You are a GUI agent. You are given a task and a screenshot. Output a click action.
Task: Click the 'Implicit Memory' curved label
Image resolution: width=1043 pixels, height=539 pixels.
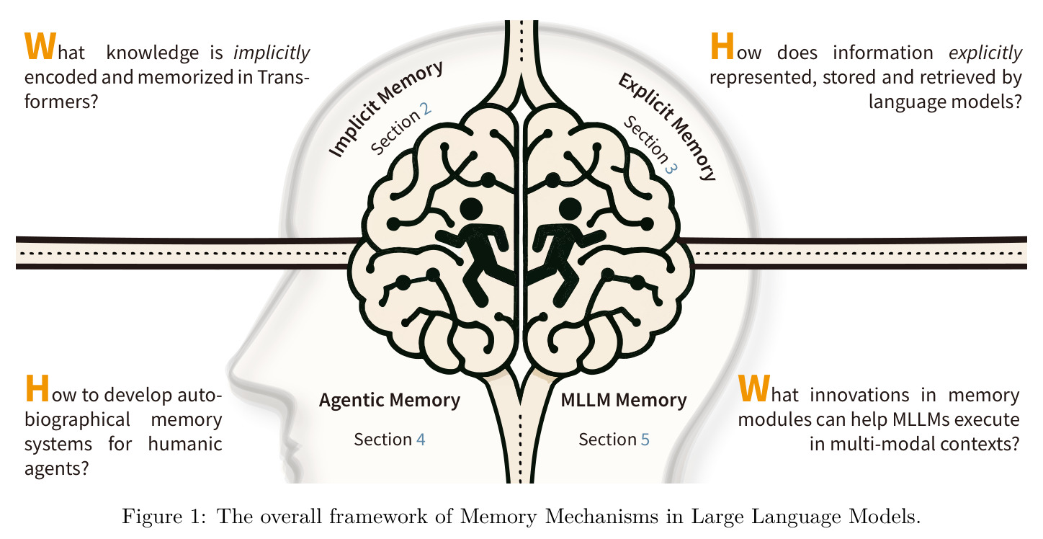(x=385, y=109)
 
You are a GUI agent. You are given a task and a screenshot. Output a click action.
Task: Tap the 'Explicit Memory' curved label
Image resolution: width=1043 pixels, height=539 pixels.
(x=667, y=126)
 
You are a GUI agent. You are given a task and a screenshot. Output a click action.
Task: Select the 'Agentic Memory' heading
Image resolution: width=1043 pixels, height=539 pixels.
(x=389, y=401)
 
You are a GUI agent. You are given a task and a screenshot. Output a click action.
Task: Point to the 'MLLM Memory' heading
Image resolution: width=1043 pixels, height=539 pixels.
(x=624, y=400)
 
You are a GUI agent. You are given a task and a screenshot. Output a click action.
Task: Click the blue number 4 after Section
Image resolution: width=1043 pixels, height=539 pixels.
(x=421, y=440)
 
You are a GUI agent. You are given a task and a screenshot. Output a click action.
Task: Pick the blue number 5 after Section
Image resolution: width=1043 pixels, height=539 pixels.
(x=645, y=440)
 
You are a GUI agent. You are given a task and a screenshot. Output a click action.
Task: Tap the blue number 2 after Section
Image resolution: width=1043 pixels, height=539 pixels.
(x=425, y=109)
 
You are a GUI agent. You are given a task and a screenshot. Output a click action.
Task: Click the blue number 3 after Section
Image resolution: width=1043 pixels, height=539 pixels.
(x=670, y=168)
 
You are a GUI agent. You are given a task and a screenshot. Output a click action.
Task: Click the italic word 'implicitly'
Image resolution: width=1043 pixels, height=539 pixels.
(x=272, y=53)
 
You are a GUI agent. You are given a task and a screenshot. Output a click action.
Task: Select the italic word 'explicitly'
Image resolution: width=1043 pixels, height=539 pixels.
(x=985, y=53)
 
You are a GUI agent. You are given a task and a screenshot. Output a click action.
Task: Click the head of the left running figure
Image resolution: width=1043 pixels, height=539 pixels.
(x=471, y=208)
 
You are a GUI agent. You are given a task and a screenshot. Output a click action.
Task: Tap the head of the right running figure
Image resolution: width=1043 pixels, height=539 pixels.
(x=570, y=208)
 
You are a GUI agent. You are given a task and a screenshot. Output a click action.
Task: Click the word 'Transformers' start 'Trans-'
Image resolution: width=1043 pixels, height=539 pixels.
(x=283, y=77)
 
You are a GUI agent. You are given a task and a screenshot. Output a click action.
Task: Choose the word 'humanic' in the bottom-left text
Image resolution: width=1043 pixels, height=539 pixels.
(x=185, y=444)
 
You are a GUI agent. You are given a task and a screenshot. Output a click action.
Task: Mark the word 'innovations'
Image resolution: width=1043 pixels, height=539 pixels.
(x=859, y=395)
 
